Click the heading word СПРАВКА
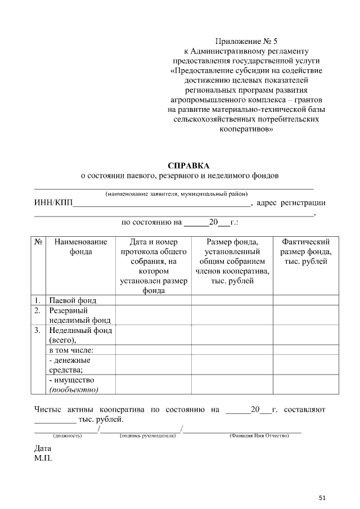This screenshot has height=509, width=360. (188, 165)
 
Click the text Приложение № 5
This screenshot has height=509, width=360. (247, 41)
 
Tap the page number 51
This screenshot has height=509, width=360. (322, 497)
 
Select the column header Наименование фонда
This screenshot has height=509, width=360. (80, 247)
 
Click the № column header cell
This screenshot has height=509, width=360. (39, 242)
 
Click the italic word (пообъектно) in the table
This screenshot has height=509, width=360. (74, 389)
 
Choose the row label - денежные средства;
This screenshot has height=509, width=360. (70, 364)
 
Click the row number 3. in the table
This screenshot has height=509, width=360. (37, 330)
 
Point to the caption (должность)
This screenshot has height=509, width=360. (67, 436)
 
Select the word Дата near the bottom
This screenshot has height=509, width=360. (43, 449)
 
